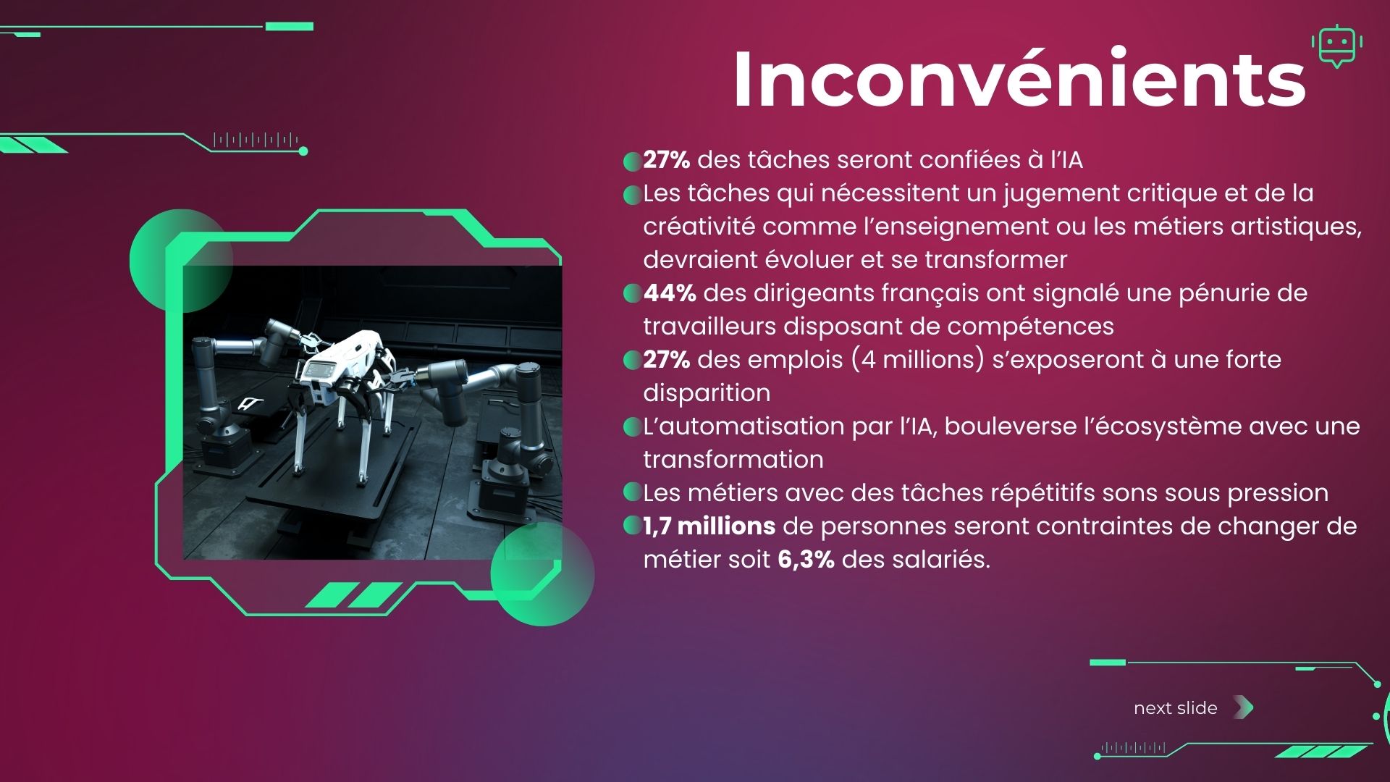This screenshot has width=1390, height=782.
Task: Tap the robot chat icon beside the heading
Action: point(1336,46)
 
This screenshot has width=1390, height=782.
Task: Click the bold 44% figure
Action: point(670,293)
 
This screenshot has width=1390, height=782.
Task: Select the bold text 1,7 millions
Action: point(709,526)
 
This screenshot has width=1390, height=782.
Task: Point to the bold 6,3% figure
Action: point(806,560)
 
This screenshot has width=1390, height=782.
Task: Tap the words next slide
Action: point(1176,708)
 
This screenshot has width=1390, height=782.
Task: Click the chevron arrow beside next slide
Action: point(1243,707)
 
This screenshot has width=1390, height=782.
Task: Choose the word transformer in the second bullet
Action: point(996,260)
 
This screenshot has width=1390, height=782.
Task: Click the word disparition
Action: point(707,393)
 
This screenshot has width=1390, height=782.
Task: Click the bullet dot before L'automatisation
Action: point(633,427)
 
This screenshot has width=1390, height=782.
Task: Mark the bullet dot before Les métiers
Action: point(633,492)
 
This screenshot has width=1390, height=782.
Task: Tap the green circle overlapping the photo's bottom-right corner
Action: point(542,573)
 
